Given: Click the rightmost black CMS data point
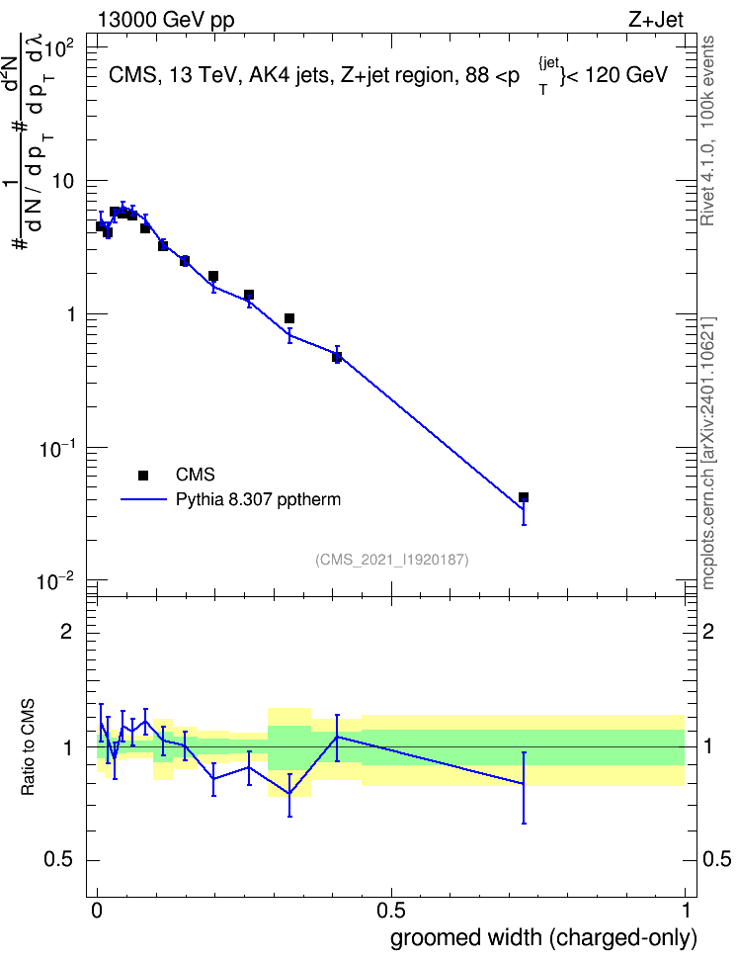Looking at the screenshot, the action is point(524,497).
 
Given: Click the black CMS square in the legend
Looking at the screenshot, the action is point(143,475).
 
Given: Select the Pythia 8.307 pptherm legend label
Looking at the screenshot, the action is point(258,500).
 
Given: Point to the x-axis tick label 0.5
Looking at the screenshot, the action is point(391,911).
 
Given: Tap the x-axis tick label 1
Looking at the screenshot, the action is point(686,911).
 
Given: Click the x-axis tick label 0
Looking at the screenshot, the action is point(97,911).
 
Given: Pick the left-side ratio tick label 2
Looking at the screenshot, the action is point(66,631).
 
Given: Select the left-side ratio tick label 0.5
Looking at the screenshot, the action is point(60,860).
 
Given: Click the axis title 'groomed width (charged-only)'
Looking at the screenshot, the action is point(543,938).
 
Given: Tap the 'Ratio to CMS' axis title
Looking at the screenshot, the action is point(29,747).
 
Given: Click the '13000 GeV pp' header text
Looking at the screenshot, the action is point(166,21).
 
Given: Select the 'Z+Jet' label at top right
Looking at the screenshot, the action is point(656,20).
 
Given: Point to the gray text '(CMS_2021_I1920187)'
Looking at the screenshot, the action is point(392,560).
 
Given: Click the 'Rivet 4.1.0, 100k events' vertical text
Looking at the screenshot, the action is point(707,131).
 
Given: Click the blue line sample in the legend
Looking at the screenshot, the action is point(143,499).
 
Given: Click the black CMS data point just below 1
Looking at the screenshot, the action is point(289,318).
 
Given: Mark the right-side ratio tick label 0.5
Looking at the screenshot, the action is point(717,860).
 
